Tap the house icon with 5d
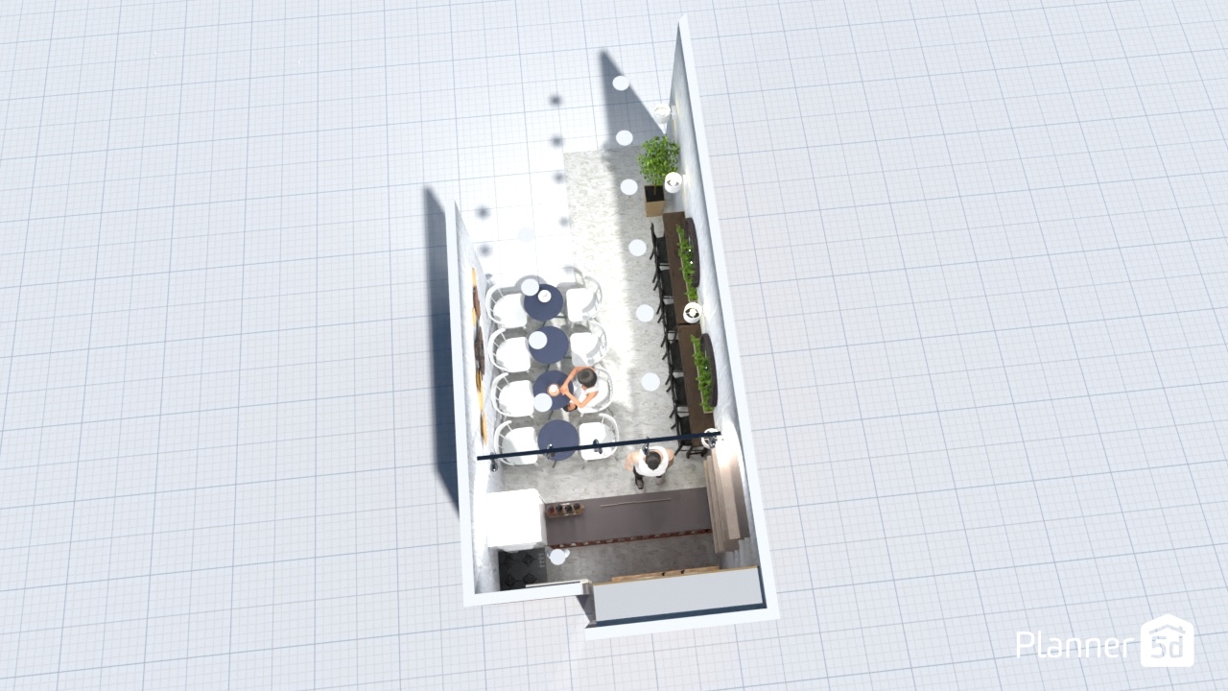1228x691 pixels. (1167, 640)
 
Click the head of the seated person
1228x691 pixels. (586, 378)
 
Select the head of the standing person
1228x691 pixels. (652, 460)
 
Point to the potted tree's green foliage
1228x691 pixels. (658, 159)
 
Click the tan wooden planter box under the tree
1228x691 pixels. (654, 202)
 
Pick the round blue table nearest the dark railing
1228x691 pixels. (558, 439)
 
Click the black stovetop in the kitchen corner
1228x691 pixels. (521, 568)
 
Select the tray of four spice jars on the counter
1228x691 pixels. (565, 510)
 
